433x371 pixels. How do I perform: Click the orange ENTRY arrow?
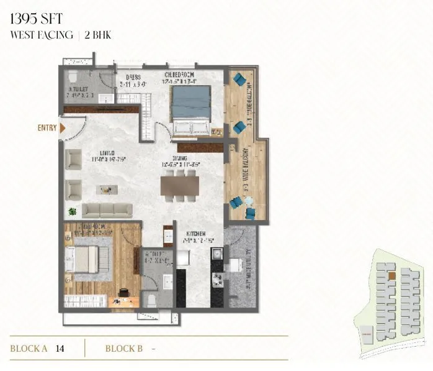63,128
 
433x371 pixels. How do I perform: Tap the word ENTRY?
47,129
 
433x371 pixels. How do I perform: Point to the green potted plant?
73,211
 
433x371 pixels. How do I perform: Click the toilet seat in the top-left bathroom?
73,77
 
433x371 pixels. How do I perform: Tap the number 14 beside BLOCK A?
60,349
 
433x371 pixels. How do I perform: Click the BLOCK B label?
124,349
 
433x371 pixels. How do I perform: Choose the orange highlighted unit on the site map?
392,275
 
